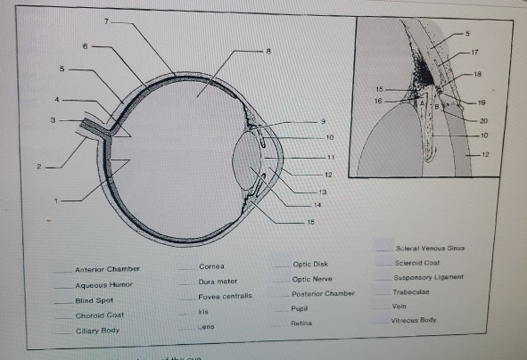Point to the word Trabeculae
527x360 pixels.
click(411, 290)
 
